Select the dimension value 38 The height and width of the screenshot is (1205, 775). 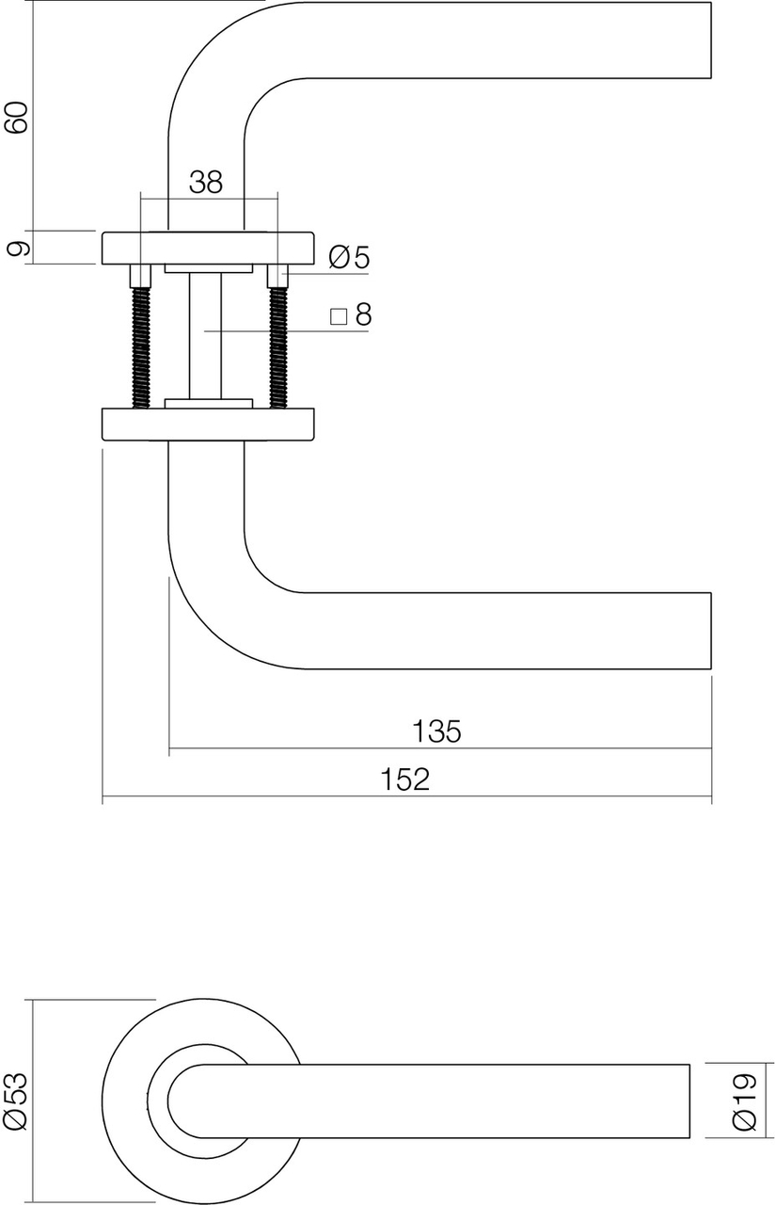pos(206,182)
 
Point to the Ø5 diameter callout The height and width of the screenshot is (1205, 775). pos(350,257)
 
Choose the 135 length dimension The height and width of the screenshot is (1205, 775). pos(436,731)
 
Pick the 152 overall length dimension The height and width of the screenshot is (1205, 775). pos(405,779)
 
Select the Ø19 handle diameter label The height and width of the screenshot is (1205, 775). pos(743,1101)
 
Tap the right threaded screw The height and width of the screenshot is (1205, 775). pos(277,346)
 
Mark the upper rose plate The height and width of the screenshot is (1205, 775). pos(208,247)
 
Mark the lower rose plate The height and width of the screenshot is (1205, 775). pos(208,424)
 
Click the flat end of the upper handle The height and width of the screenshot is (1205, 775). pos(710,40)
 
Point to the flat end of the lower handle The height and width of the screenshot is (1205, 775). pos(710,631)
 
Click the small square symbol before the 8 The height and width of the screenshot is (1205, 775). pos(339,316)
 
